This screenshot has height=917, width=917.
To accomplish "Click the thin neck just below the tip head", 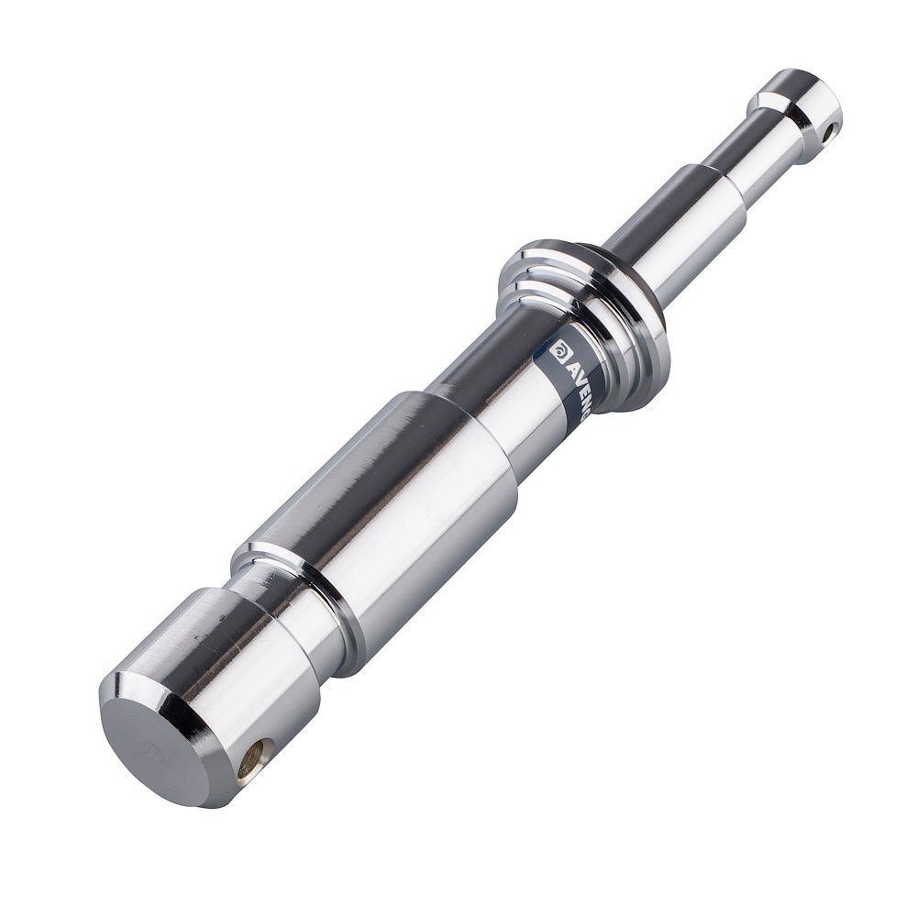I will (x=761, y=147).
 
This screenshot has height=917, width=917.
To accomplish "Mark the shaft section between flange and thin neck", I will (x=679, y=229).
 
